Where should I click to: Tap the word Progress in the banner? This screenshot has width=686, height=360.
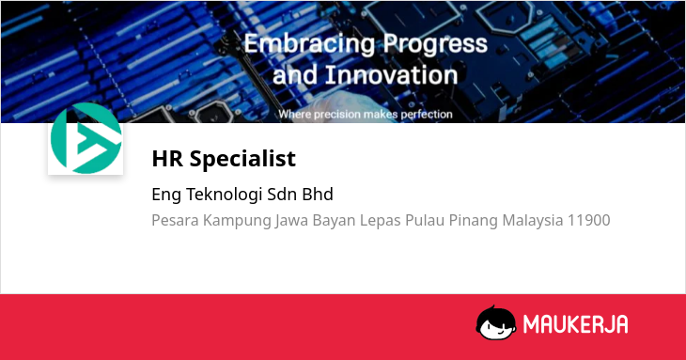[435, 45]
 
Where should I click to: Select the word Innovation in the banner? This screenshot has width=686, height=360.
[391, 75]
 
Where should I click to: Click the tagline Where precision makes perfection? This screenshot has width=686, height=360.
[366, 114]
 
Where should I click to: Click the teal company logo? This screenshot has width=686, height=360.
[86, 138]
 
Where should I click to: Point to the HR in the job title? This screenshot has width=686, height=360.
[167, 158]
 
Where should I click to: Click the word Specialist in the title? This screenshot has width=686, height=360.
[242, 159]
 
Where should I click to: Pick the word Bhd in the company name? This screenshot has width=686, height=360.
[318, 195]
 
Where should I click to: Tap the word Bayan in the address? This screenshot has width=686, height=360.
[334, 221]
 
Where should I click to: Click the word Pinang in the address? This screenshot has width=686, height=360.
[474, 221]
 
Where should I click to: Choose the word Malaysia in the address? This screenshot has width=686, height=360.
[533, 221]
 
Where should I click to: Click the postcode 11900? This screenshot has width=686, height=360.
[589, 220]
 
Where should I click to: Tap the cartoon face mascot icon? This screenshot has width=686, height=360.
[496, 322]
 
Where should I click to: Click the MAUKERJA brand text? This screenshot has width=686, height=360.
[576, 324]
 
